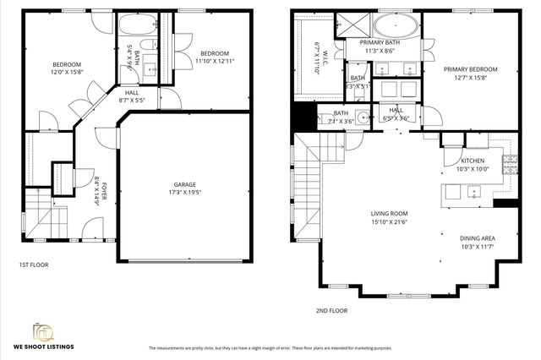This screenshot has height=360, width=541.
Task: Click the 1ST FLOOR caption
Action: (34, 265)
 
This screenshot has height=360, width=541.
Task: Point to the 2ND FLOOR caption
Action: (331, 310)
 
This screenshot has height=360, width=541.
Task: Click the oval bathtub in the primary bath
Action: (395, 25)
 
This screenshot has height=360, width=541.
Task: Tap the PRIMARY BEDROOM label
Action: (471, 69)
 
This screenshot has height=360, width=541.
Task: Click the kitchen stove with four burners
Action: (511, 164)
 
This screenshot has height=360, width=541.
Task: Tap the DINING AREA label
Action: (478, 238)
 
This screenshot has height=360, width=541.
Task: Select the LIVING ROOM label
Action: (389, 213)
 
